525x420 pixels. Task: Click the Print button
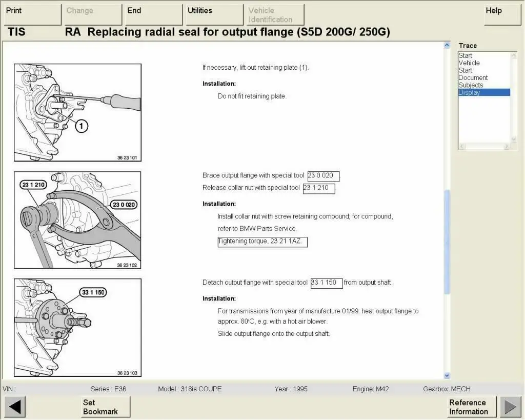point(33,14)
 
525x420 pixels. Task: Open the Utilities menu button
point(214,14)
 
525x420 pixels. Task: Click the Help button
point(502,14)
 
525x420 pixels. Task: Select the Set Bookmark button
point(105,407)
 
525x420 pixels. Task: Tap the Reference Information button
point(471,407)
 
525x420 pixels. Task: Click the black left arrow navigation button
point(15,407)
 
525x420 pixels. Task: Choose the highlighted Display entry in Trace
point(483,92)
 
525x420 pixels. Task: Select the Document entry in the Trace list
point(473,78)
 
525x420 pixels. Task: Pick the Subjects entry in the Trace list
point(471,85)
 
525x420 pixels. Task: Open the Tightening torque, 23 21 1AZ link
point(262,242)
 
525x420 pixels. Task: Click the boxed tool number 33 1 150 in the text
point(326,283)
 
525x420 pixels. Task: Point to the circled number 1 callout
point(82,126)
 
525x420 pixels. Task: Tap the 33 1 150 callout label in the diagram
point(92,292)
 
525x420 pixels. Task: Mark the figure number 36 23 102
point(127,265)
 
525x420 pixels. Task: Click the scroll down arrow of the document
point(446,375)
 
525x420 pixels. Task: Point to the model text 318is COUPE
point(201,389)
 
